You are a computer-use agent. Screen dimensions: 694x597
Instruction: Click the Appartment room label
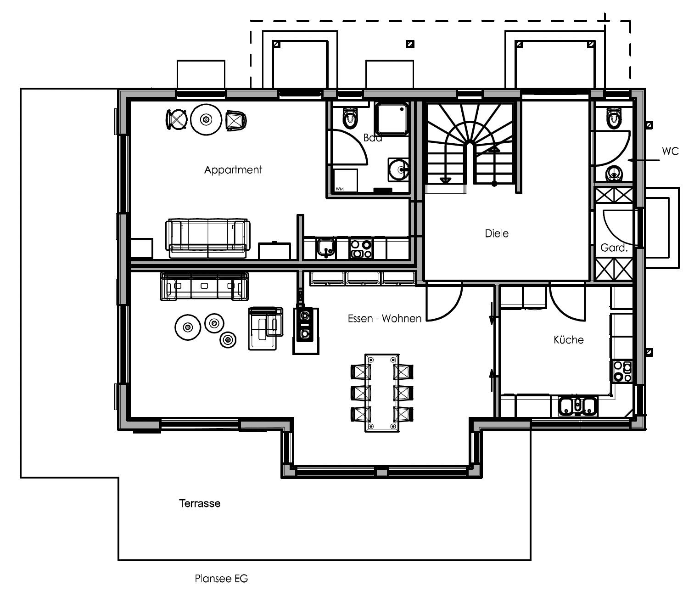[233, 170]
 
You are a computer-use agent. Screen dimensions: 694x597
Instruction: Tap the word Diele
[497, 233]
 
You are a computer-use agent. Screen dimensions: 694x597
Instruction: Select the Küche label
[568, 340]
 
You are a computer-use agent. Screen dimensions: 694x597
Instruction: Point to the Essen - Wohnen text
[385, 319]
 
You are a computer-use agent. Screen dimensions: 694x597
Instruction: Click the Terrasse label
[200, 503]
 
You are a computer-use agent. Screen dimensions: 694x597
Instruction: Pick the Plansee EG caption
[221, 579]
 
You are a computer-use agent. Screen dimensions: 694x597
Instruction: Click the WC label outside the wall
[670, 151]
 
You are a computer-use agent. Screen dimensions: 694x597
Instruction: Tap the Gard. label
[614, 248]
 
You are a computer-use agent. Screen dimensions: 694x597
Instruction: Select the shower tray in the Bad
[392, 119]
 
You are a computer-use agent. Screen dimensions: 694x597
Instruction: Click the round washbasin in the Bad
[398, 169]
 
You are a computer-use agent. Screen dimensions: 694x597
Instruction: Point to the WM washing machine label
[340, 189]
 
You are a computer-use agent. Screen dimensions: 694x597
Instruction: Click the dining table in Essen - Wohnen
[382, 393]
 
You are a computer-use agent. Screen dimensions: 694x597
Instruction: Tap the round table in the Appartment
[206, 119]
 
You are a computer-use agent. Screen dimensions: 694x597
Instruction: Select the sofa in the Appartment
[208, 238]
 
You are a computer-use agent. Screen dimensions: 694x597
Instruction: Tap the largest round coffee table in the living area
[188, 327]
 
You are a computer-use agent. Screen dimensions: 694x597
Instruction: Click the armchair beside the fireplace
[266, 328]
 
